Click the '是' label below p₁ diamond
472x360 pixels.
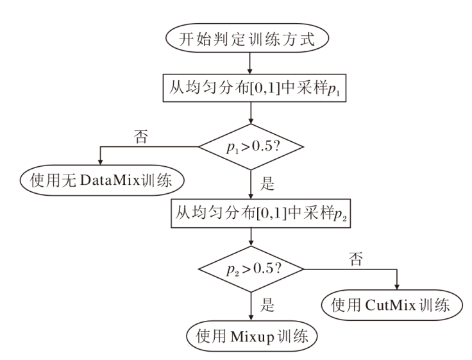pos(267,187)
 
